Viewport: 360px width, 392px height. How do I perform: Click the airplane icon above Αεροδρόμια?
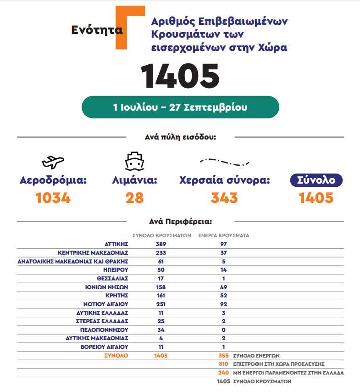click(53, 162)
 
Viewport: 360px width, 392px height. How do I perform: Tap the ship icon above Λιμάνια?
click(134, 161)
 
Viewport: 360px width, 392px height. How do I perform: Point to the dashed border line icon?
click(224, 162)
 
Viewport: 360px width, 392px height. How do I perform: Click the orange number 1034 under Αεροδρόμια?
click(53, 198)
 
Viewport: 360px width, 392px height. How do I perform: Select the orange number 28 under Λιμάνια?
click(134, 198)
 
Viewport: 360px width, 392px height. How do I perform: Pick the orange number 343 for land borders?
click(224, 198)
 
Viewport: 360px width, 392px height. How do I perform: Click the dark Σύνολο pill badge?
click(316, 180)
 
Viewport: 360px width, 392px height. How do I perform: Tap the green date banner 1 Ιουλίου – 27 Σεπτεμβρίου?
click(180, 107)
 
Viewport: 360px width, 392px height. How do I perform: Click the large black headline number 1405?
click(180, 76)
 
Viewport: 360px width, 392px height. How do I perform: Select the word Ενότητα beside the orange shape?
click(97, 30)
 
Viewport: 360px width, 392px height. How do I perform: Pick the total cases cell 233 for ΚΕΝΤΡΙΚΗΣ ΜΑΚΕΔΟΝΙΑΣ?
click(161, 252)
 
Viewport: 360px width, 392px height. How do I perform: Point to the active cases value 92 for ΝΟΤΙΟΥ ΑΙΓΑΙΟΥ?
click(223, 304)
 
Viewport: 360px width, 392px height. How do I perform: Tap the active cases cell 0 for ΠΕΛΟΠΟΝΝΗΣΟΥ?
click(223, 330)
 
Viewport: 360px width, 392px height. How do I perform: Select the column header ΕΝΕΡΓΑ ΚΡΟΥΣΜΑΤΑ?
click(223, 235)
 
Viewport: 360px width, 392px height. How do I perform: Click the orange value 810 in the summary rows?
click(223, 364)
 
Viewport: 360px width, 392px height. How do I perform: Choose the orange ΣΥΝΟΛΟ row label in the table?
click(116, 356)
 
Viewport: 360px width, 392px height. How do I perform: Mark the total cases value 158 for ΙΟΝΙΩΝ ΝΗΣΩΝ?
click(161, 287)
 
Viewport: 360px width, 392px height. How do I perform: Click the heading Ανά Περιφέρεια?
click(180, 221)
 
